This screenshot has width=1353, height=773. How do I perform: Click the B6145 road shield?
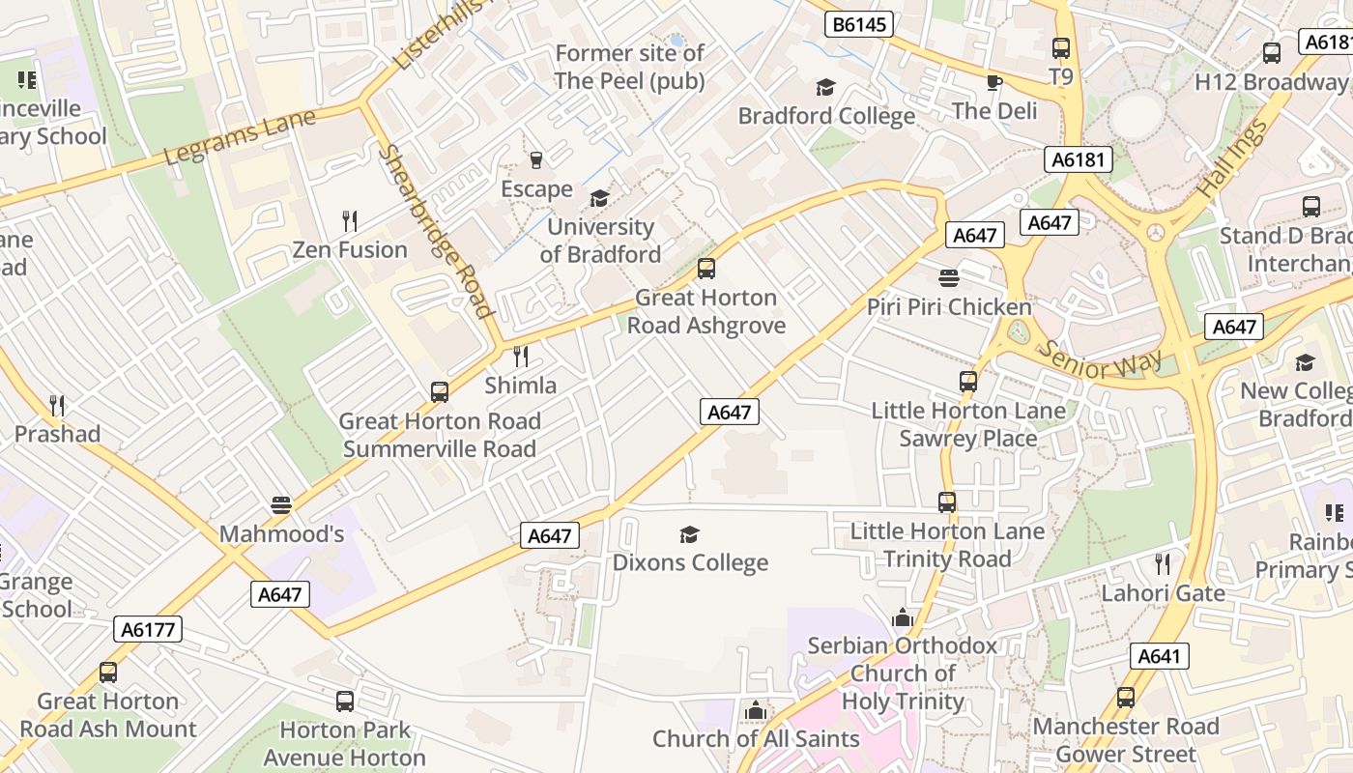tap(859, 24)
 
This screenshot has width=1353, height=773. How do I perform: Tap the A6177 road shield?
tap(148, 630)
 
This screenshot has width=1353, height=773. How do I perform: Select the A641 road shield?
tap(1159, 656)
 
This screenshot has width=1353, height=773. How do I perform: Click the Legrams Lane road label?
tap(240, 137)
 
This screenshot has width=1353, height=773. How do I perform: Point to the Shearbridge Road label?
tap(435, 231)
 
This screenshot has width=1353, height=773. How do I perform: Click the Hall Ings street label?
tap(1230, 159)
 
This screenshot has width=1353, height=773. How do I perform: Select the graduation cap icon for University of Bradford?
tap(599, 198)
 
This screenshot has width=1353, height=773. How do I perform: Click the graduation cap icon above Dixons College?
tap(689, 534)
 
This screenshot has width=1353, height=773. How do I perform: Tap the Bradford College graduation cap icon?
tap(825, 88)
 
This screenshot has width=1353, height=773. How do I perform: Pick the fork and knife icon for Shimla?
tap(520, 357)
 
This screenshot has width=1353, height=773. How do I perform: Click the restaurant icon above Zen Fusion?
tap(350, 221)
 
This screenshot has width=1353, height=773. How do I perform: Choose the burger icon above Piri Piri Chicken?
tap(948, 278)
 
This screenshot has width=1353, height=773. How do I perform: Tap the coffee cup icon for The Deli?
tap(993, 82)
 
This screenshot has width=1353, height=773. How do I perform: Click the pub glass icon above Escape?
tap(536, 159)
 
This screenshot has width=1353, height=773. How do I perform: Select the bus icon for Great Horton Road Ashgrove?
tap(706, 269)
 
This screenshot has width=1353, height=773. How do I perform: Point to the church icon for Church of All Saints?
tap(756, 711)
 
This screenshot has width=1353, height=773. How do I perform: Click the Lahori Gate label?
tap(1163, 592)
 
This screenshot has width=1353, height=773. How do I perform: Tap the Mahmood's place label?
tap(281, 533)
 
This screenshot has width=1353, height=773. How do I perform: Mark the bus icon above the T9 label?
tap(1061, 47)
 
